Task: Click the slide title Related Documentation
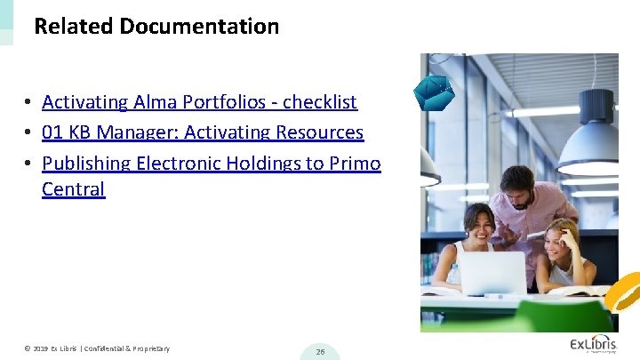point(156,27)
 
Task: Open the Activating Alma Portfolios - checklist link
point(199,102)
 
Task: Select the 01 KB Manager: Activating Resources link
point(203,132)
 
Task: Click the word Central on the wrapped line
point(73,189)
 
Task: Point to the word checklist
point(320,102)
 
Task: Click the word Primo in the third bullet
point(354,164)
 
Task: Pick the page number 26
point(320,352)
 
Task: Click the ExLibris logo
point(593,345)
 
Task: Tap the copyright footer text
point(97,348)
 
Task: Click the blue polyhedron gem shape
point(435,92)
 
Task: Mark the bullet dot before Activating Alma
point(29,103)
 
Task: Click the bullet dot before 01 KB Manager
point(29,133)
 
